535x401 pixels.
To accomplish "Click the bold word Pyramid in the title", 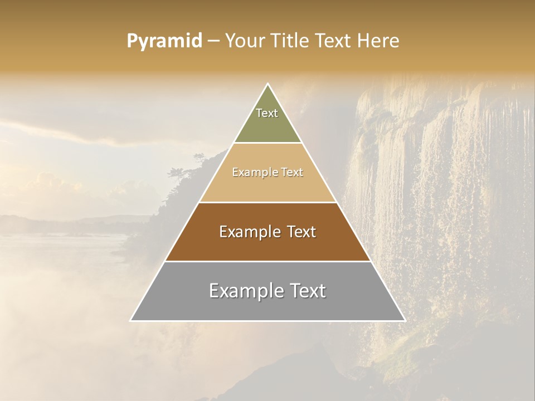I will point(164,41).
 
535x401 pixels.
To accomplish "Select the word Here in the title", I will point(378,41).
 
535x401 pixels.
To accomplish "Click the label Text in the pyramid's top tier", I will point(267,113).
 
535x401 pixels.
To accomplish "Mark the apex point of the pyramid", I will point(267,84).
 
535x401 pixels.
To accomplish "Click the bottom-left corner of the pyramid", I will point(131,320).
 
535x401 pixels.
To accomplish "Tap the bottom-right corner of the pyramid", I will point(405,320).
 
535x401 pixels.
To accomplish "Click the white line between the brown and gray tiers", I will point(267,261).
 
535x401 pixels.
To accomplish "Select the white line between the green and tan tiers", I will point(267,143).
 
